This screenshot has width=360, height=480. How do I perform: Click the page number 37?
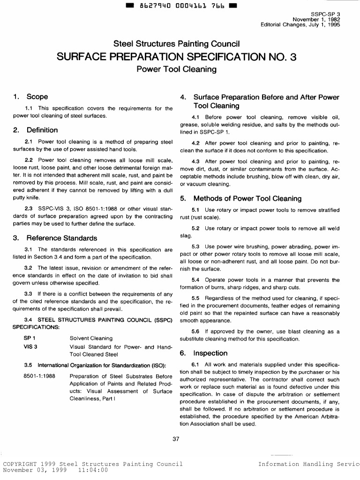pos(176,439)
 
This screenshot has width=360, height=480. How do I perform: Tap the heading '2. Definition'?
pos(36,130)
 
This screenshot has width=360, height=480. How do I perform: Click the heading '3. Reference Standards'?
pos(55,238)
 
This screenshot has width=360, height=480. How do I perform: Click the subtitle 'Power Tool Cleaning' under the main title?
pos(176,70)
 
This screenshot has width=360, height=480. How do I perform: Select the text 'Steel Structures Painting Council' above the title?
pos(177,44)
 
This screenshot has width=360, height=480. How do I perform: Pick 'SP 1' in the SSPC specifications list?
pos(30,338)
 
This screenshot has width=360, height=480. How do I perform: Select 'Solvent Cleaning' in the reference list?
pos(91,338)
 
